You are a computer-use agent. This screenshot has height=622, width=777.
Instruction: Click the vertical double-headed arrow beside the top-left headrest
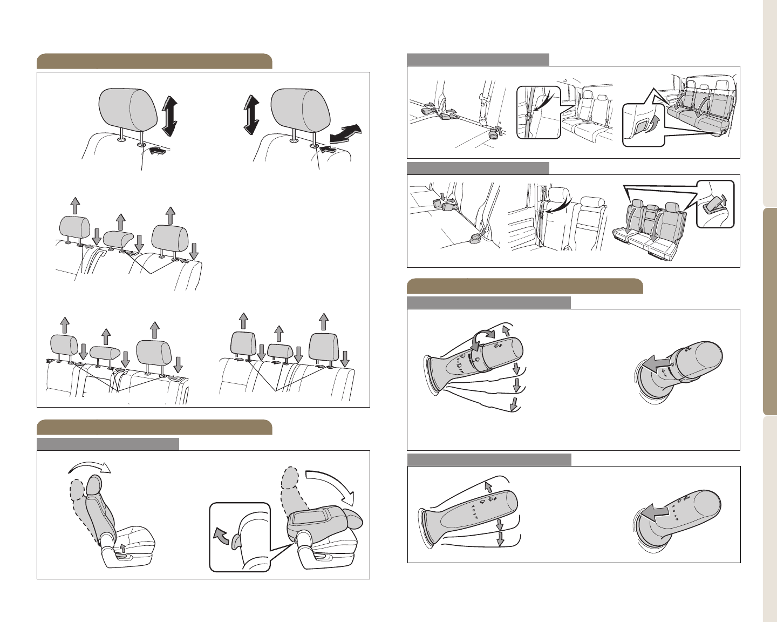pos(169,116)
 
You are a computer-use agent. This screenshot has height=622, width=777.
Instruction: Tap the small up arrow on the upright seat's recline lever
pos(124,547)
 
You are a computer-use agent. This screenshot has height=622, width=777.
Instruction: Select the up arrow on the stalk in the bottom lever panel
pos(488,486)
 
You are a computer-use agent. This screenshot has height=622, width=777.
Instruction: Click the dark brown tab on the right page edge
pos(770,312)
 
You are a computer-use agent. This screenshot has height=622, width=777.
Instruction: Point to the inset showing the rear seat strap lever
pos(715,204)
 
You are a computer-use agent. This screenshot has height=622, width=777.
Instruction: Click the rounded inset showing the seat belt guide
pos(539,112)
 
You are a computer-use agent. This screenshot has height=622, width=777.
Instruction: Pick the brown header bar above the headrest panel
pos(154,62)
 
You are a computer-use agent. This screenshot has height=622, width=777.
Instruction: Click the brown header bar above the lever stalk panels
pos(524,286)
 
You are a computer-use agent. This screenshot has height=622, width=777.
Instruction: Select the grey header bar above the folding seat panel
pos(108,444)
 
